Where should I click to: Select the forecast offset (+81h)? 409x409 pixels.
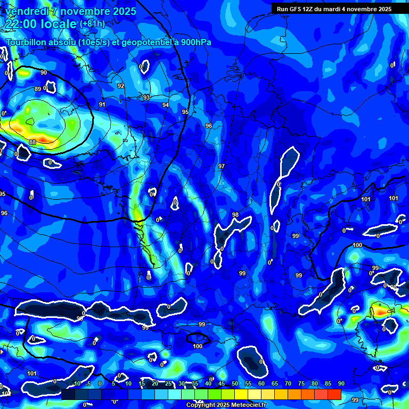[x=92, y=23]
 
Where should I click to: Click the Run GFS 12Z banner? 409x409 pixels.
[x=334, y=9]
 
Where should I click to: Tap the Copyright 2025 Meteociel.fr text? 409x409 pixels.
[x=226, y=405]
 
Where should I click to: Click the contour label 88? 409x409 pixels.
[x=32, y=142]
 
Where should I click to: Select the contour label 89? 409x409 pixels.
[x=38, y=89]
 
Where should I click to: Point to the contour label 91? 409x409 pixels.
[x=102, y=104]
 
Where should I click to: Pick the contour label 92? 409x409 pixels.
[x=121, y=86]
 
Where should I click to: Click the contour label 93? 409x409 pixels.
[x=146, y=97]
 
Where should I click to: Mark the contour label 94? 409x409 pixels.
[x=166, y=105]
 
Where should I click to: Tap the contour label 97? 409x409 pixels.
[x=222, y=167]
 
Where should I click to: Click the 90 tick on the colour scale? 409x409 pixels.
[x=341, y=383]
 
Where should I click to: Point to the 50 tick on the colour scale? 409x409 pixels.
[x=235, y=383]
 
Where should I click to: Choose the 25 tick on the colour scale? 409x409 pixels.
[x=168, y=383]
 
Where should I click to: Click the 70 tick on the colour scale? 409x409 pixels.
[x=288, y=383]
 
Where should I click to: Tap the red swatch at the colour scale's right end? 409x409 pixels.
[x=334, y=394]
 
